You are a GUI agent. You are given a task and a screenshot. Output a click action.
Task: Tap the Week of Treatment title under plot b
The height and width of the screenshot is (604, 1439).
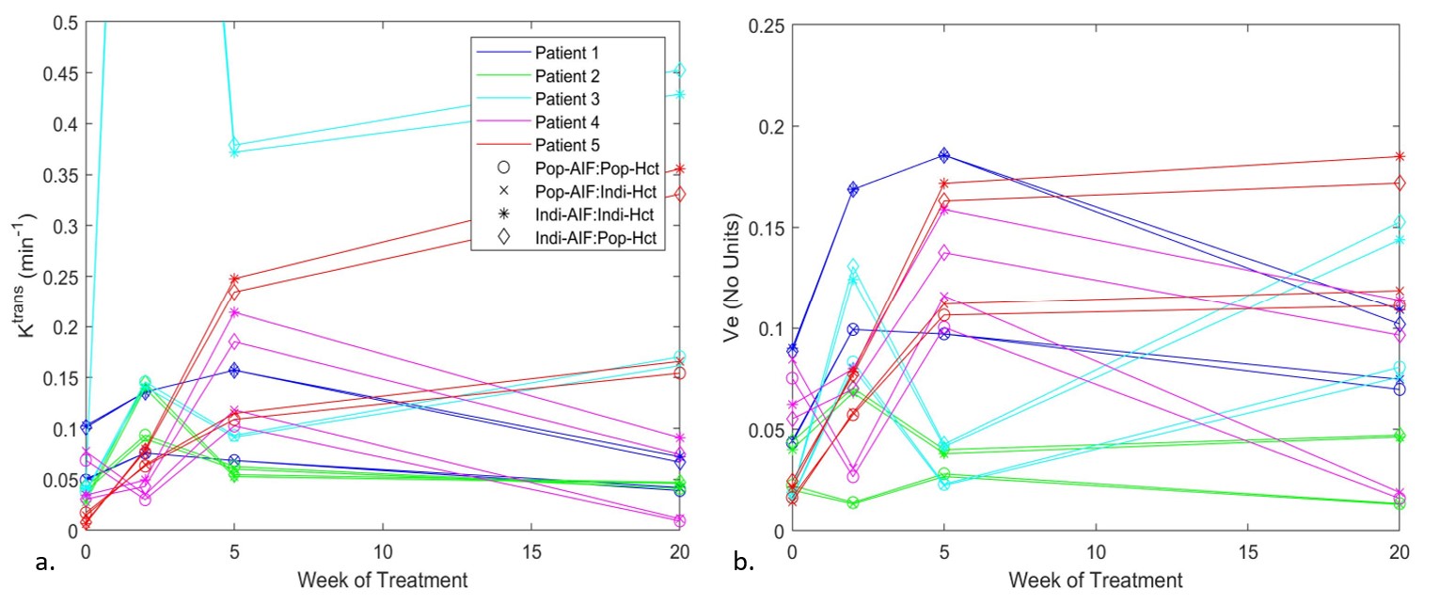point(1095,579)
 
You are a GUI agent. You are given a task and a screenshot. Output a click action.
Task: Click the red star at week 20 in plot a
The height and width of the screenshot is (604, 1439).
point(680,169)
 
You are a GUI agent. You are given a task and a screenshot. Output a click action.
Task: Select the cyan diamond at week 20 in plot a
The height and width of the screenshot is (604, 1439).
point(680,71)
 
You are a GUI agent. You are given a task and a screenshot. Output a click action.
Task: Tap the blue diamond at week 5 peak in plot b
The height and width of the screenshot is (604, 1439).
point(944,155)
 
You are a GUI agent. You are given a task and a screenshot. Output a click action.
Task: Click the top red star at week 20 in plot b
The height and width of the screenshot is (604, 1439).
point(1399,156)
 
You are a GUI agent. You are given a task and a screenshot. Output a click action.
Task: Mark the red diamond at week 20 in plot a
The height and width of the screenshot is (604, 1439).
point(680,194)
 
